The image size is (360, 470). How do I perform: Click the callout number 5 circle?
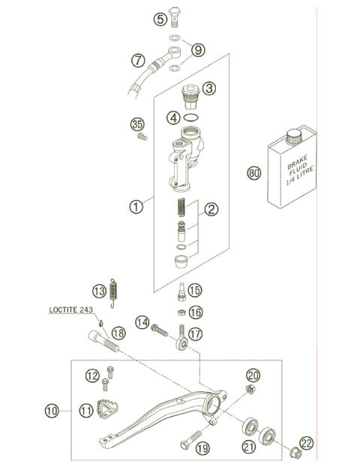(160, 19)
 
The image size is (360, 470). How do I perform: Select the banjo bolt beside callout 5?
(175, 15)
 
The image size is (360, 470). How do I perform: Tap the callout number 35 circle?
(136, 124)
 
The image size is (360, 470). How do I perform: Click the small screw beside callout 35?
(140, 137)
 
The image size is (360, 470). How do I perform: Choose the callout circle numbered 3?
(208, 88)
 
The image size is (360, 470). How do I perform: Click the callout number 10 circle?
(51, 410)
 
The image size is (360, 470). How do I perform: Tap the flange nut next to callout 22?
(295, 453)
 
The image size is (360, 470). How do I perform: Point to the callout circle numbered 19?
(201, 449)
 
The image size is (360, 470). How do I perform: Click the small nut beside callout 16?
(181, 313)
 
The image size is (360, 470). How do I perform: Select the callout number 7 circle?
(137, 59)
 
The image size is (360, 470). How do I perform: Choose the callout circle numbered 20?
(253, 375)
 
